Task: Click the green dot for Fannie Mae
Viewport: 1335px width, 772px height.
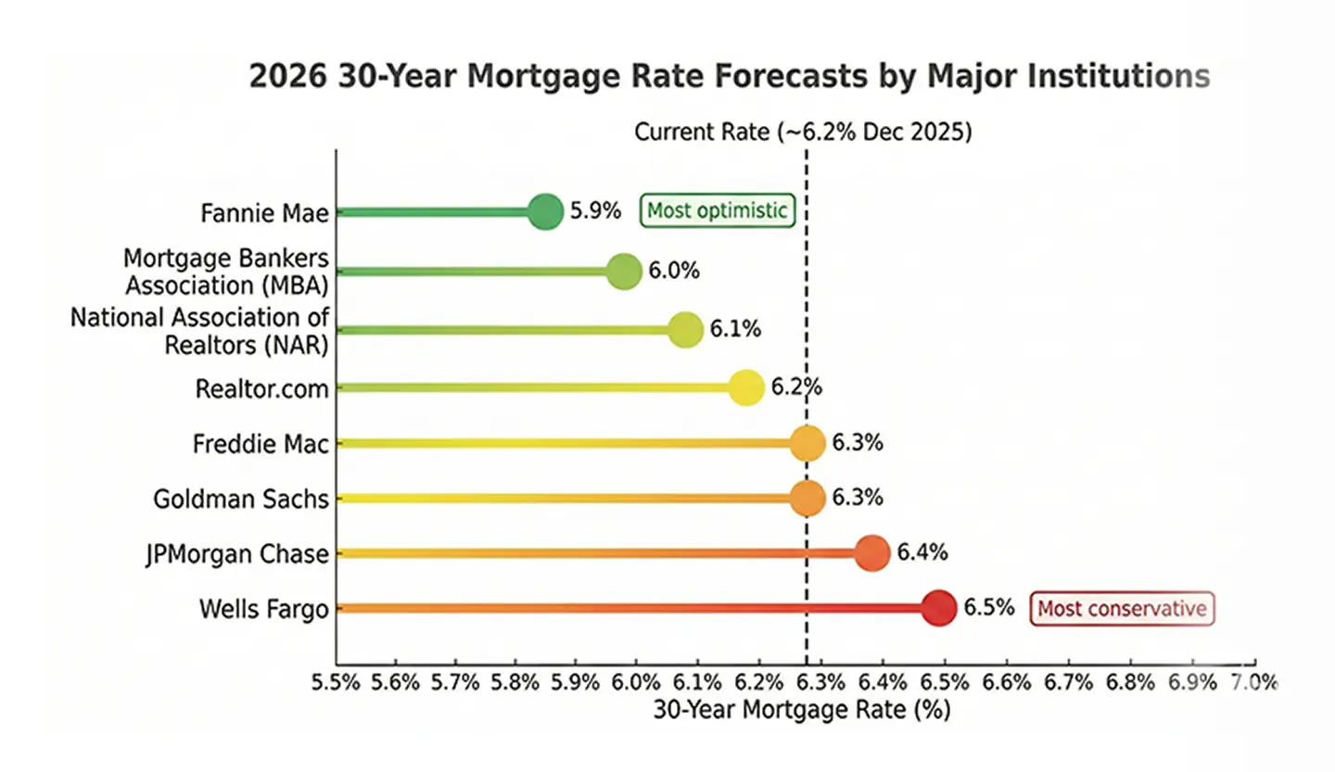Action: (545, 212)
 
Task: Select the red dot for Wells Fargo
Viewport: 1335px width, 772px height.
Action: (938, 608)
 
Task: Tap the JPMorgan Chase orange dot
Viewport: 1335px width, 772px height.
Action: (871, 553)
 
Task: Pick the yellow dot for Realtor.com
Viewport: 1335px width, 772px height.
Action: (745, 387)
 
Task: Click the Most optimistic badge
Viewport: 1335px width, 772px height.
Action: (717, 210)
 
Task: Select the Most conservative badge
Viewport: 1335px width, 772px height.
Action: (1122, 609)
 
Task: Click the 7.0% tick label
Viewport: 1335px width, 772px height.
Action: (1254, 684)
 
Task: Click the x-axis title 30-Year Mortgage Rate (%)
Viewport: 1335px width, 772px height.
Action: (802, 712)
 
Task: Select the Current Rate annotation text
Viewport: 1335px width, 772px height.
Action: (803, 132)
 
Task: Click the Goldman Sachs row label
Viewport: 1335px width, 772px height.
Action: (241, 500)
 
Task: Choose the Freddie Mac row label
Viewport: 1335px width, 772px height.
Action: (261, 444)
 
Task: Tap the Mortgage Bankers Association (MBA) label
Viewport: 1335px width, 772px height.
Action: (226, 271)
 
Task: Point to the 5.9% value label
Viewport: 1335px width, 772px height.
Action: (594, 210)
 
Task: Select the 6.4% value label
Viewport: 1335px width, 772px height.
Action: (922, 553)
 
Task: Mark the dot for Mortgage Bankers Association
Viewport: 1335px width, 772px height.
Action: (624, 272)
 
